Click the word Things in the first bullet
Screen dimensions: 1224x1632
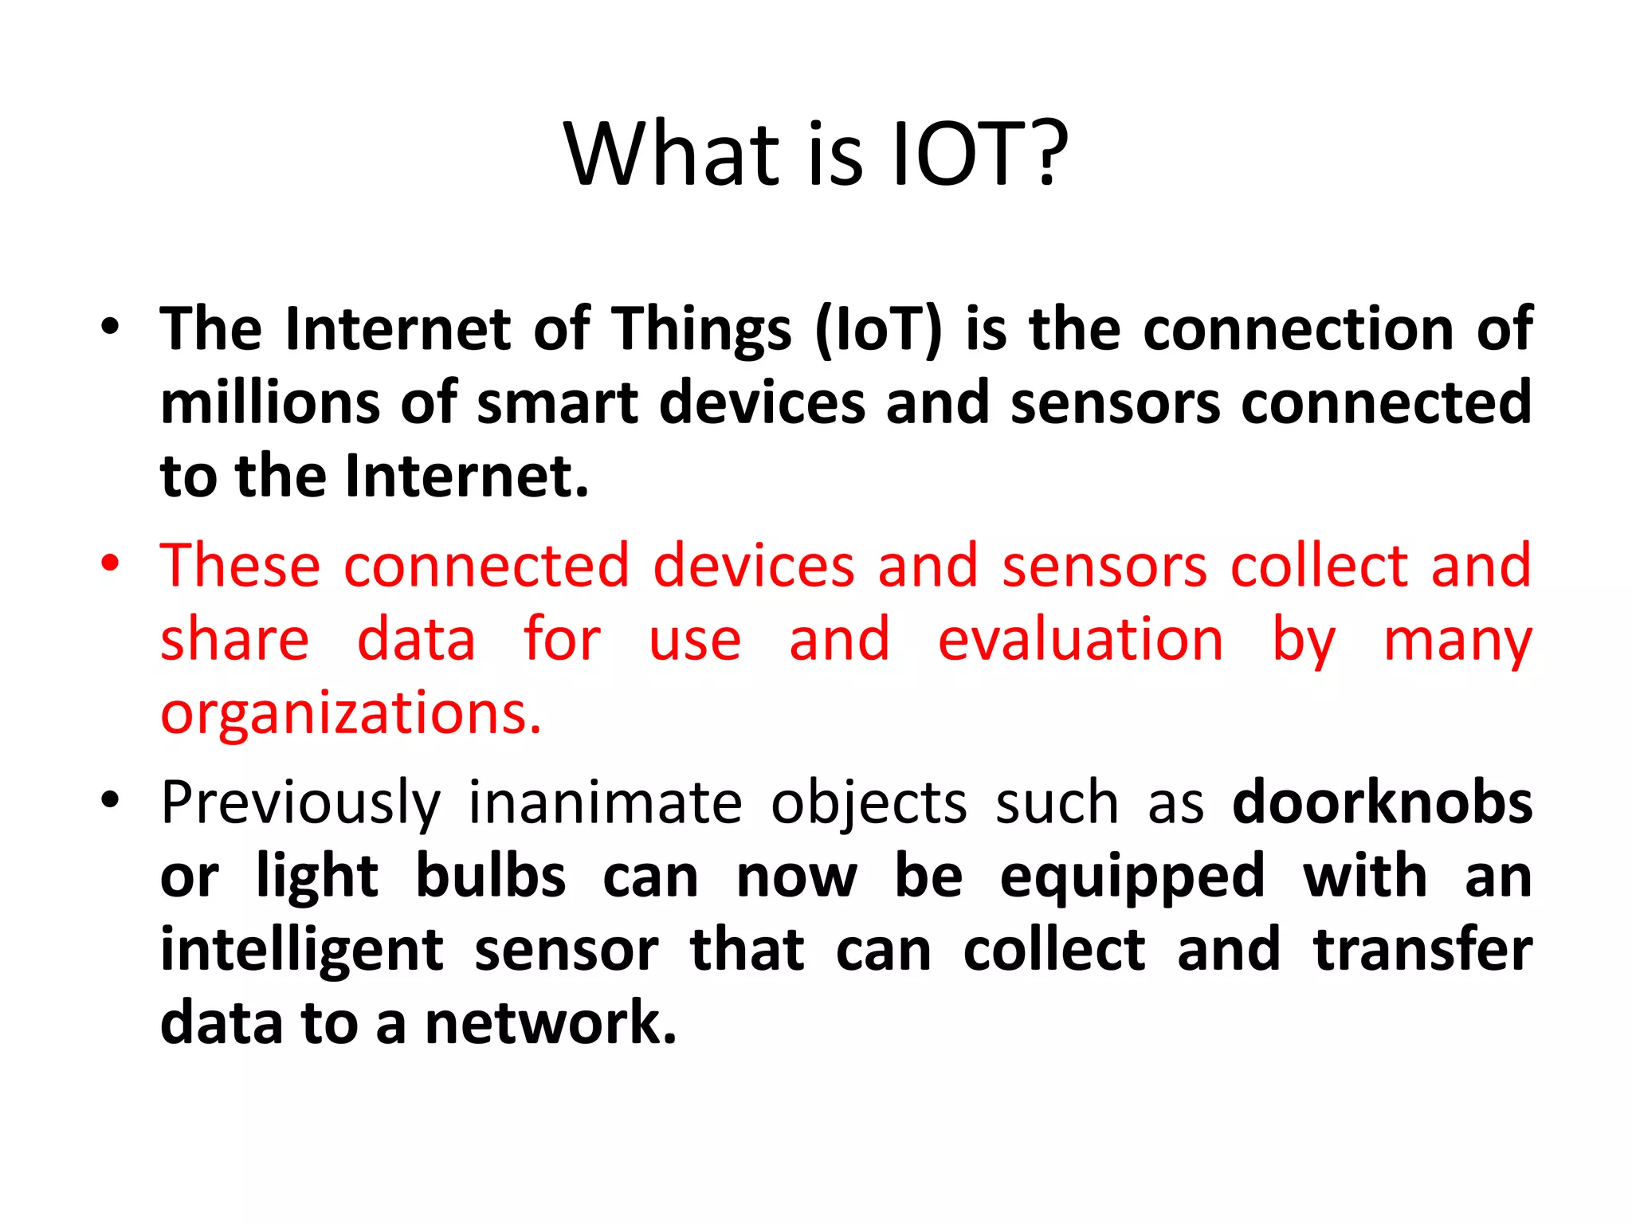pos(701,330)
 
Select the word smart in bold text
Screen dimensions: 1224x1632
pos(557,402)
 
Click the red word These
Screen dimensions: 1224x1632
pos(240,565)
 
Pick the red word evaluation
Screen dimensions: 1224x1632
pos(1080,639)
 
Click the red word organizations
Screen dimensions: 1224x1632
pos(351,712)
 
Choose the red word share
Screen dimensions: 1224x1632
pos(234,639)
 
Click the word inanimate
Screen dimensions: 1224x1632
pos(604,803)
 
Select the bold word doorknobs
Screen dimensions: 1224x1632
pos(1382,803)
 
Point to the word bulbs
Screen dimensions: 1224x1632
pos(491,877)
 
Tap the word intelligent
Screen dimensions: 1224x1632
pos(301,951)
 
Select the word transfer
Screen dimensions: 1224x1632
pos(1422,950)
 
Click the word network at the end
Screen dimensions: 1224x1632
pos(550,1023)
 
